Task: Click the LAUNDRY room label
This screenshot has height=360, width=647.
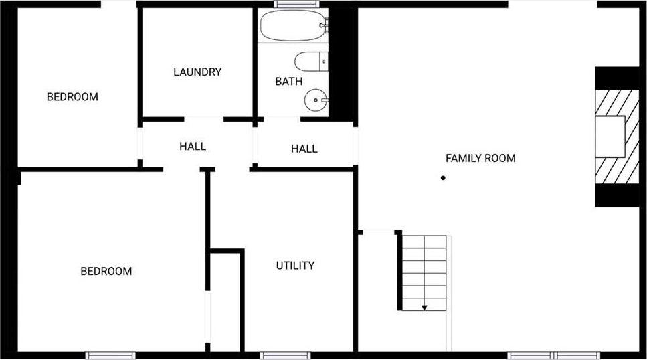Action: (197, 72)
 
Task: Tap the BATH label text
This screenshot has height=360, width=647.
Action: (289, 82)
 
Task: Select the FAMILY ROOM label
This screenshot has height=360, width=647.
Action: (480, 158)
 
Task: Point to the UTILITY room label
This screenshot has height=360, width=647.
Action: (295, 266)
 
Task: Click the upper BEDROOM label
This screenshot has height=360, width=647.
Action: (72, 97)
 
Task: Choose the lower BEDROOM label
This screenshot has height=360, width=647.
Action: (106, 271)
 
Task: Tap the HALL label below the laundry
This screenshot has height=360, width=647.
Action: (193, 146)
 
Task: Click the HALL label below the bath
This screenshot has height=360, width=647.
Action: (304, 149)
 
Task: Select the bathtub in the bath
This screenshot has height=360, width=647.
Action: (293, 25)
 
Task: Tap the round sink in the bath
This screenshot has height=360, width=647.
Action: (316, 100)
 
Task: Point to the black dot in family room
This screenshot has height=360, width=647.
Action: (443, 178)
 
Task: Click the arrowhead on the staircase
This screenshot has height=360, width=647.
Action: (424, 308)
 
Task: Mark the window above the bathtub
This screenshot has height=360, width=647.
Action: (296, 4)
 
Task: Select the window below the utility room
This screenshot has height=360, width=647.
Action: (285, 355)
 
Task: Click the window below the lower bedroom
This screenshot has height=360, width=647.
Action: (110, 355)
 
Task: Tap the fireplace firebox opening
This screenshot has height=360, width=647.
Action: (610, 137)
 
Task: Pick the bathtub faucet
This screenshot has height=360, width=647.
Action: (325, 25)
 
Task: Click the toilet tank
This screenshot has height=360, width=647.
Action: (324, 62)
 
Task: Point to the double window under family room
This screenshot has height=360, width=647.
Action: (554, 355)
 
